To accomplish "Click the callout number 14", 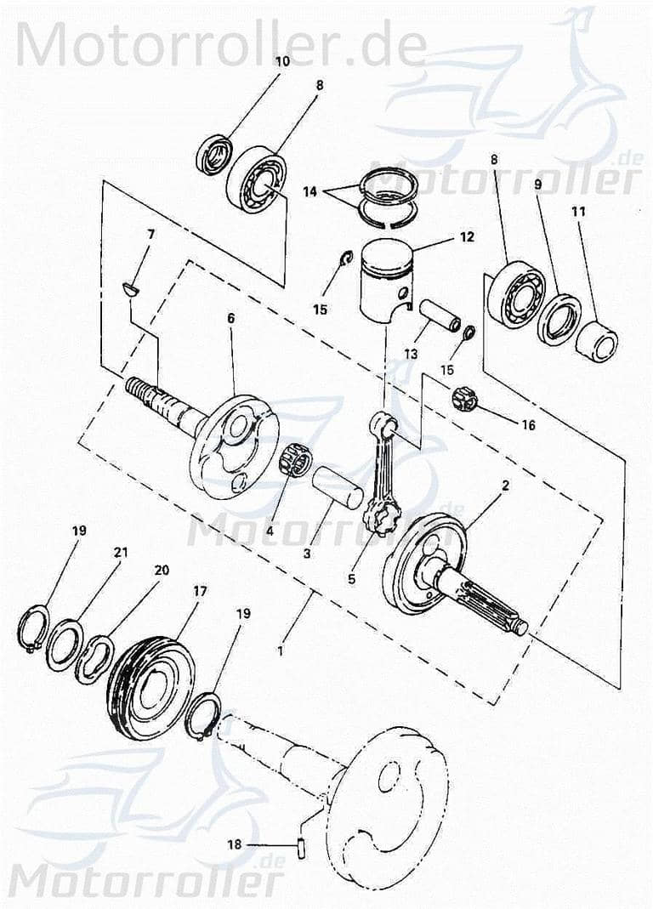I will click(309, 192).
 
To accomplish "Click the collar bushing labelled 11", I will click(597, 338).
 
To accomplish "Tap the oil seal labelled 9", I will click(559, 318).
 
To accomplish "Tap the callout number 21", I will click(121, 553).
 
